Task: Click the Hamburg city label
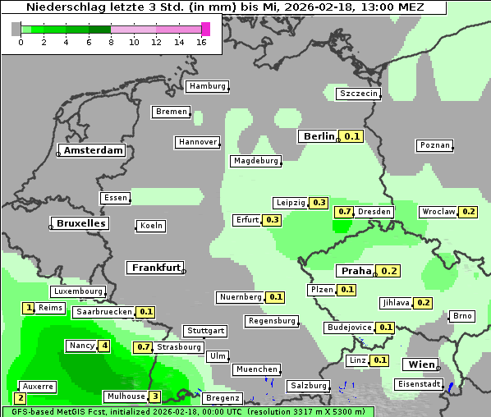[207, 86]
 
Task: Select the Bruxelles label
[80, 223]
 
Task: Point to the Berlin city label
[319, 136]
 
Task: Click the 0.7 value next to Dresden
[345, 212]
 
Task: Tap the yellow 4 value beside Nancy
[104, 346]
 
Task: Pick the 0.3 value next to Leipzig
[319, 203]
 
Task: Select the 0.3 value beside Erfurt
[273, 220]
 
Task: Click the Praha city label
[356, 271]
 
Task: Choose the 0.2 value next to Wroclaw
[469, 212]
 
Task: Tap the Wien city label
[420, 364]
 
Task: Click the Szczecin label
[359, 94]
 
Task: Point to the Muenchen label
[256, 369]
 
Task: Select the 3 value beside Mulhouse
[154, 396]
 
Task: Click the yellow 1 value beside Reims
[30, 308]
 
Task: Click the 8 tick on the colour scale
[111, 42]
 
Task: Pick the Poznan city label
[435, 145]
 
